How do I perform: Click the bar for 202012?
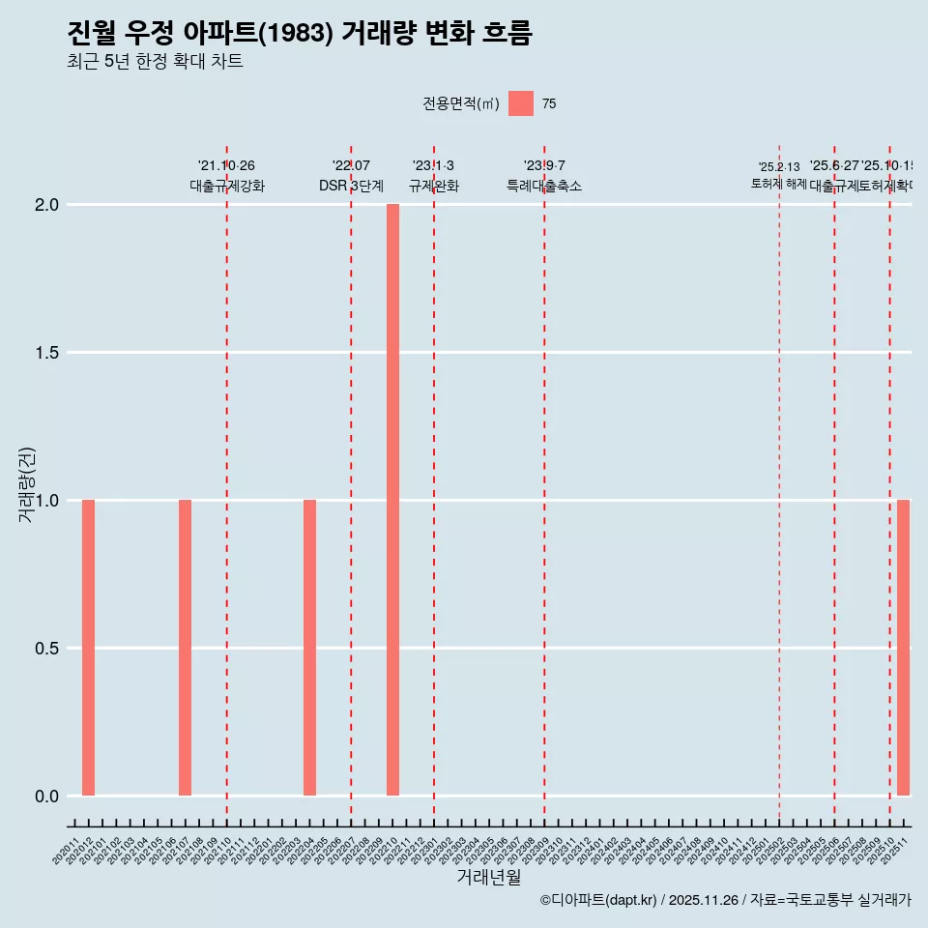coord(88,648)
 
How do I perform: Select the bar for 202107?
coord(185,648)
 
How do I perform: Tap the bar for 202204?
coord(309,648)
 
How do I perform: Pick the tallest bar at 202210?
coord(392,500)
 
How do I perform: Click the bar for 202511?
coord(903,648)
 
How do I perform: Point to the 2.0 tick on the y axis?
coord(48,205)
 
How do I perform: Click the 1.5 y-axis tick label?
coord(48,353)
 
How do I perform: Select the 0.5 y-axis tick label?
coord(48,649)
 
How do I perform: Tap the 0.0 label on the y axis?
coord(48,797)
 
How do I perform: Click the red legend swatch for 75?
coord(521,103)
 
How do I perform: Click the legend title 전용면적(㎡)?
coord(460,104)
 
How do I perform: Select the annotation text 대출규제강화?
coord(226,186)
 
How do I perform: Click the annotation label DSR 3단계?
coord(351,186)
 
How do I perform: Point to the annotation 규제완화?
coord(433,186)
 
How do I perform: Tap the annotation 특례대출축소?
coord(544,186)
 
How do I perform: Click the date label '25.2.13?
coord(779,167)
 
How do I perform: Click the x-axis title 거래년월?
coord(488,878)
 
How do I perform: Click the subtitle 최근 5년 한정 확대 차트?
coord(155,62)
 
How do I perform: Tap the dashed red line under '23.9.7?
coord(544,483)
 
